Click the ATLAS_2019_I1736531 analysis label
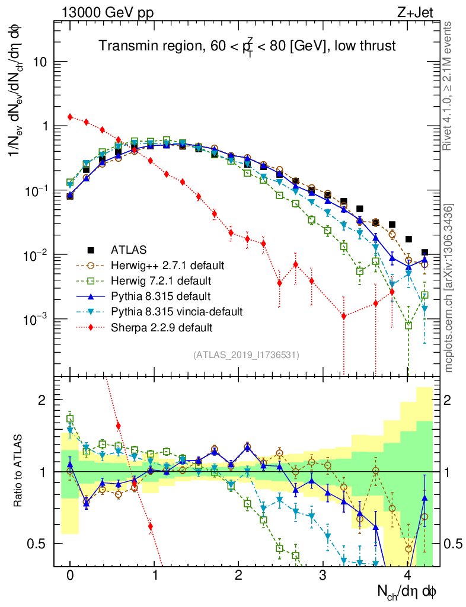[246, 355]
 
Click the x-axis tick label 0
[70, 576]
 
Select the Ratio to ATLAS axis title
[20, 471]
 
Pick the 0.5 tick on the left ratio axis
[41, 544]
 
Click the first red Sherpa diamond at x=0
[70, 117]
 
